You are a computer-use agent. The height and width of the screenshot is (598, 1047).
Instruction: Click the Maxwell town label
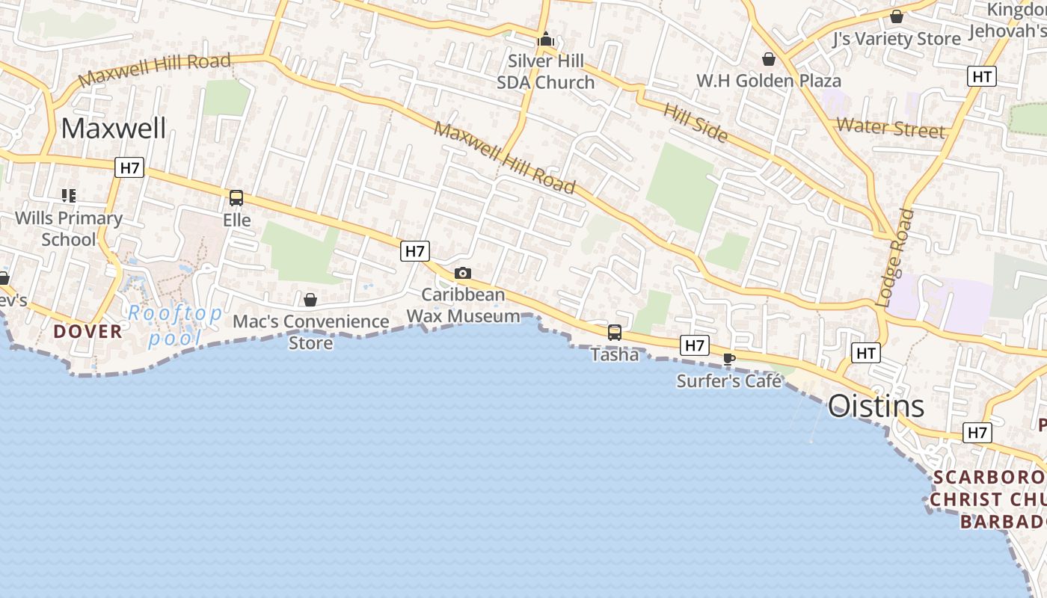[x=114, y=128]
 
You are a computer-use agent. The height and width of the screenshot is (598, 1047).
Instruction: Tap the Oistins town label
[x=876, y=407]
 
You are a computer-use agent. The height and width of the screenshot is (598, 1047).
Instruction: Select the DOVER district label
[x=87, y=331]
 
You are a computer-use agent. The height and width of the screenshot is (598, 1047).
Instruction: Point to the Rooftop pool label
[x=174, y=325]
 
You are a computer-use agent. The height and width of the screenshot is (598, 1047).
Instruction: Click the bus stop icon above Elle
[x=236, y=198]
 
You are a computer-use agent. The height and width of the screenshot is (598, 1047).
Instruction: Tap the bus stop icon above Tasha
[x=615, y=332]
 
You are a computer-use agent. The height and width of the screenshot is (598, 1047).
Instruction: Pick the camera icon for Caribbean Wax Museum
[x=463, y=274]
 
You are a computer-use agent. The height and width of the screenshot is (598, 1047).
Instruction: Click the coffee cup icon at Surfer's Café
[x=729, y=360]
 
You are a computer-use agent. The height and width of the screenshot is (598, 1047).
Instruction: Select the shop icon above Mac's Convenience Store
[x=310, y=300]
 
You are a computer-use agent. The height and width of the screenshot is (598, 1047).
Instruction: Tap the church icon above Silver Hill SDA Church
[x=546, y=39]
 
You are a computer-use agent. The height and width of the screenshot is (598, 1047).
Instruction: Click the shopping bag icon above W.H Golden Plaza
[x=768, y=59]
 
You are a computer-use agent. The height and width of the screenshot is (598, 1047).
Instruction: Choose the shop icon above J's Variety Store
[x=897, y=16]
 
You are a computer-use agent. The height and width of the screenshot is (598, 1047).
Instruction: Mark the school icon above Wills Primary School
[x=69, y=196]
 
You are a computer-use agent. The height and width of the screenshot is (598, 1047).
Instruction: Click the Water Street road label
[x=891, y=127]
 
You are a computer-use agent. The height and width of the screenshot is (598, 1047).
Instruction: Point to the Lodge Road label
[x=895, y=258]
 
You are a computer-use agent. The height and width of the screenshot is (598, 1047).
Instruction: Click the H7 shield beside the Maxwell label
[x=130, y=167]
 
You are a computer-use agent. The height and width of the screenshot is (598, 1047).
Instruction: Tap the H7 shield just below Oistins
[x=978, y=432]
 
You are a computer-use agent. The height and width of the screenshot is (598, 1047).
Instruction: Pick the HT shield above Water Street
[x=982, y=76]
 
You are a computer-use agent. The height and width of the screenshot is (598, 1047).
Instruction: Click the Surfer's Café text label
[x=729, y=381]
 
